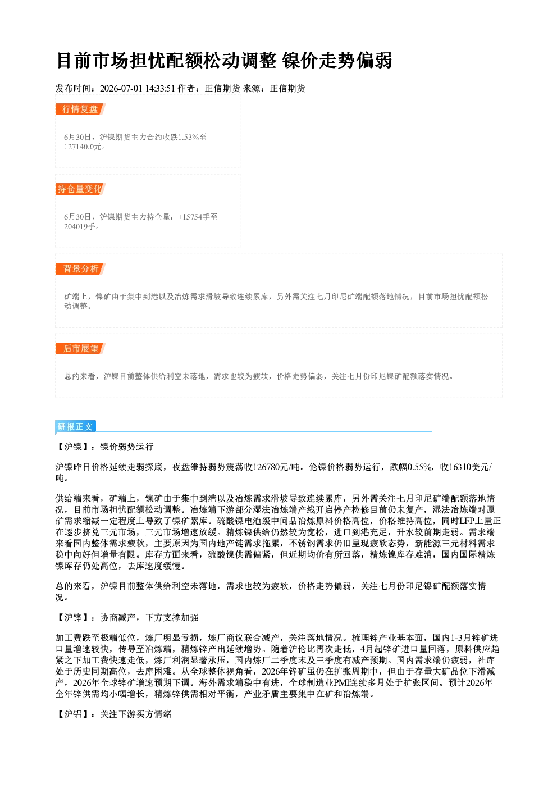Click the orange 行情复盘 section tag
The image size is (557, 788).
pos(80,109)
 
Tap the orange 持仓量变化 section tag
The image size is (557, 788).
pos(80,189)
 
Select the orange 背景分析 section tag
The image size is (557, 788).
pos(80,269)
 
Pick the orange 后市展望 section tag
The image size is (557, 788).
pos(80,349)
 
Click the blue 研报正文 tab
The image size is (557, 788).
pos(75,426)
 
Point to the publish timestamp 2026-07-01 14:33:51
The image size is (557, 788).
pos(138,88)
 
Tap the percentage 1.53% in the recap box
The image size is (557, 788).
pos(188,137)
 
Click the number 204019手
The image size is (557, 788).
pos(80,226)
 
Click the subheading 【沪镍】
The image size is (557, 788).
pos(73,447)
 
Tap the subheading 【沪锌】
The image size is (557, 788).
pos(73,617)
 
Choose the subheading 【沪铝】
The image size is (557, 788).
pos(73,714)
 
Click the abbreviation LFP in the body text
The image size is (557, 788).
pos(467,521)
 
